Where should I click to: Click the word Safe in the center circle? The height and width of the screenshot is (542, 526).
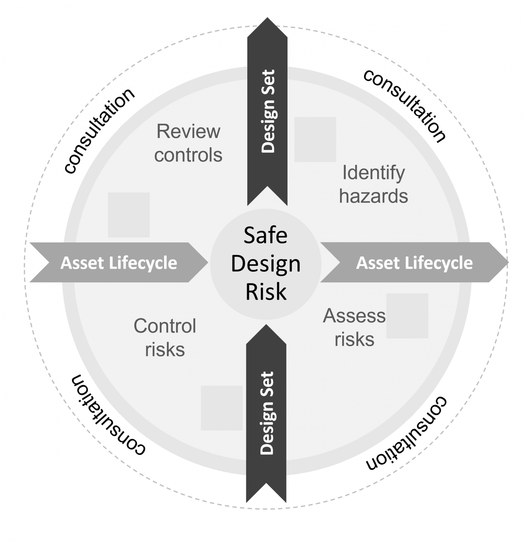[265, 235]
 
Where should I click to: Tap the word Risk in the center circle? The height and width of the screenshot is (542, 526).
[266, 292]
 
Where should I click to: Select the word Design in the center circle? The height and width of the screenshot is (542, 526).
[266, 264]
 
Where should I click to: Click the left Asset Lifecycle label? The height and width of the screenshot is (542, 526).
[119, 263]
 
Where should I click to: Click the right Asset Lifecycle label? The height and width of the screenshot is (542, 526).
[414, 263]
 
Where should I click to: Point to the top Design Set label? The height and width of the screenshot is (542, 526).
[268, 111]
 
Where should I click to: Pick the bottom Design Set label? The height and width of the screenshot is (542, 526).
[267, 413]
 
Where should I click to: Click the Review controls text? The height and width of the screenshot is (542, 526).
[188, 143]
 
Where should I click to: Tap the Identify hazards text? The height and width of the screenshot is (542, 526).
[373, 184]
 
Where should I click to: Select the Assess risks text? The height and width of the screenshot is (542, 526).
[354, 327]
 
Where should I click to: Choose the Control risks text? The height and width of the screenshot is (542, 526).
[165, 337]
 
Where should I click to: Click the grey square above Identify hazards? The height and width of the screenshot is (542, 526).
[315, 139]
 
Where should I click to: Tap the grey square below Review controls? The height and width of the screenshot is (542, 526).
[129, 215]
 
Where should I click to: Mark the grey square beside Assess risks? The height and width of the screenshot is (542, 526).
[407, 315]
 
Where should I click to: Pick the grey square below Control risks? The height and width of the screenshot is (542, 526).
[222, 408]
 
